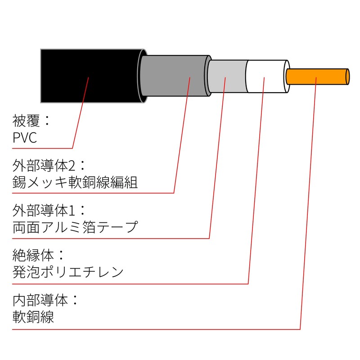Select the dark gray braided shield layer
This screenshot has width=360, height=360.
tap(173, 75)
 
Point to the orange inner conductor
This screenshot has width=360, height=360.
tap(315, 76)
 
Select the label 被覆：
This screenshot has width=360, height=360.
tap(32, 120)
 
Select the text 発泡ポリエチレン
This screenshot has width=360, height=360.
tap(68, 272)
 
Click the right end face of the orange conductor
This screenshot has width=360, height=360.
tap(348, 76)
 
